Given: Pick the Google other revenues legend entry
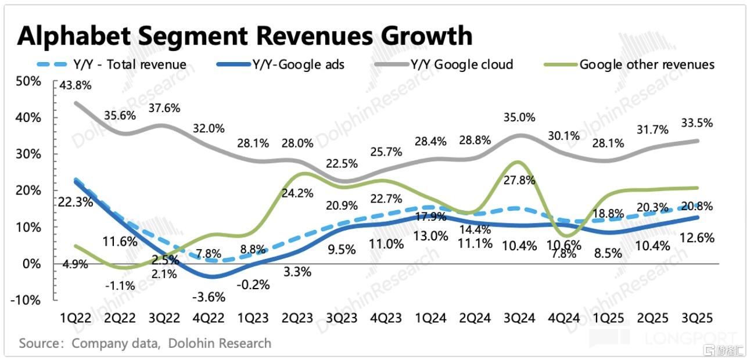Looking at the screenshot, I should point(647,64).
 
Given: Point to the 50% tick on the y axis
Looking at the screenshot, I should point(28,81).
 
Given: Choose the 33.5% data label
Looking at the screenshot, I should point(696,123).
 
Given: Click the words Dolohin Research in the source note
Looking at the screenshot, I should point(220,343).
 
